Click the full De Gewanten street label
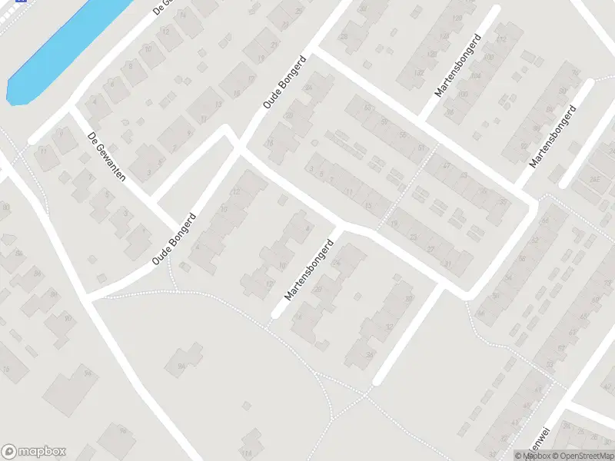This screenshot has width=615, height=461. [107, 156]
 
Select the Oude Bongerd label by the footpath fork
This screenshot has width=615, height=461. [175, 239]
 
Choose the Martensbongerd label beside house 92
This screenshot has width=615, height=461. [553, 138]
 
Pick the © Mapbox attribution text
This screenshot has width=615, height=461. [532, 456]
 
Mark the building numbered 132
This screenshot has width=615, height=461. [420, 72]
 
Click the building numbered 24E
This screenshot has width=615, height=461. [594, 181]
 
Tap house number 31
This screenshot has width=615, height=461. [448, 264]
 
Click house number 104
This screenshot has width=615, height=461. [474, 77]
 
